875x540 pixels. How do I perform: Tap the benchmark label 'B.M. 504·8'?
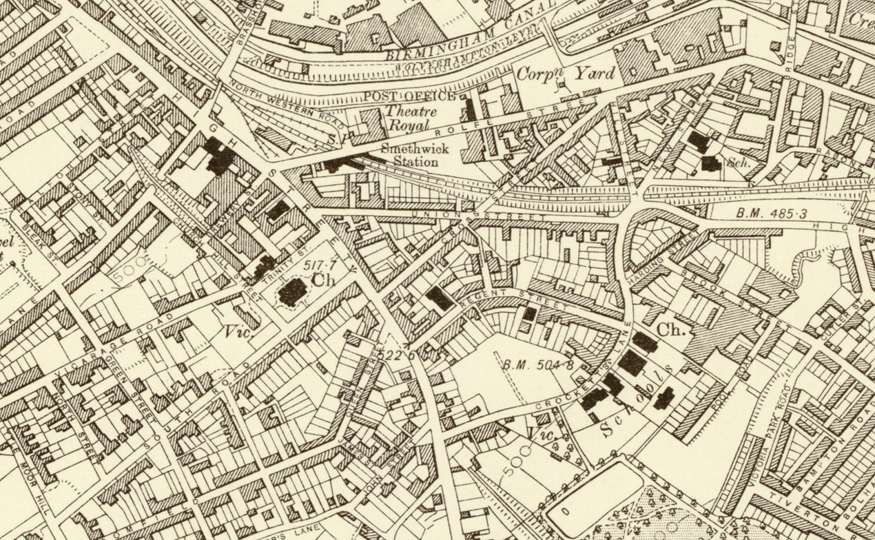point(539,363)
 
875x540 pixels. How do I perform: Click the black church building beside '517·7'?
point(292,292)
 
